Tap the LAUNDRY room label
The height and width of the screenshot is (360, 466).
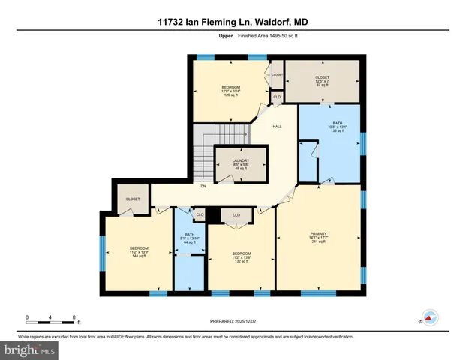[x=240, y=164]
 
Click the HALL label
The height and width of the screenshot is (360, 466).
[x=276, y=127]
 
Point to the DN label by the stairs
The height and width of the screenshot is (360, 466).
[x=203, y=187]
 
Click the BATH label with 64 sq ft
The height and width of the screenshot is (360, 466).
[x=190, y=238]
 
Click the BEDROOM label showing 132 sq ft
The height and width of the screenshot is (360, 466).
[x=240, y=257]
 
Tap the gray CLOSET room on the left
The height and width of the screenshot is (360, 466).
[x=133, y=199]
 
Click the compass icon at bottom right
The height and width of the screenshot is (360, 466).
[x=429, y=318]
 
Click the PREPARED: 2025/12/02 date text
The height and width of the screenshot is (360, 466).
[x=233, y=322]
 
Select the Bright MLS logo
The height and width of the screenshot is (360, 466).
[x=29, y=349]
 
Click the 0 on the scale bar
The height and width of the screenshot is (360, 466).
[x=27, y=316]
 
